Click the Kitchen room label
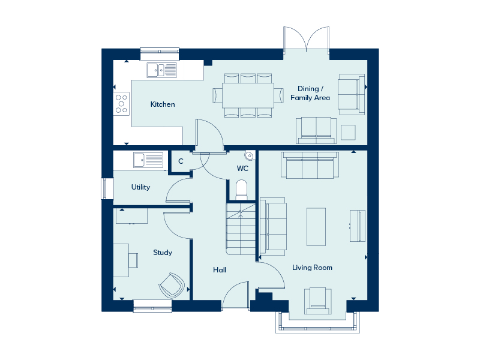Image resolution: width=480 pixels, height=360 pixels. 163,104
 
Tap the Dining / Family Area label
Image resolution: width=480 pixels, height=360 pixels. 310,93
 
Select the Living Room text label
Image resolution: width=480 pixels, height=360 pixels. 312,268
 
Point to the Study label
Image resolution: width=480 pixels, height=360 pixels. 163,253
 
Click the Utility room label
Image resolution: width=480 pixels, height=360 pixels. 140,187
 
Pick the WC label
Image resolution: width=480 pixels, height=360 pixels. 242,169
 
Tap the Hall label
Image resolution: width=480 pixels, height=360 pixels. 220,269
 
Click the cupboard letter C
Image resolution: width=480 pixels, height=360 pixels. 181,161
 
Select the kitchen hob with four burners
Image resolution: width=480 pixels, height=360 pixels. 121,104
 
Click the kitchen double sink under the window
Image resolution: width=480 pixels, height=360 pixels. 161,70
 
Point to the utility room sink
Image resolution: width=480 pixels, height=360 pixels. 148,160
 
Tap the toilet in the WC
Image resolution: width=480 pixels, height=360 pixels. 242,190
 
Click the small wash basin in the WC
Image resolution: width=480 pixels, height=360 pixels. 250,155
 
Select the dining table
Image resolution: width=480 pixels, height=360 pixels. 248,95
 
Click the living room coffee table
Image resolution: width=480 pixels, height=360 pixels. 316,227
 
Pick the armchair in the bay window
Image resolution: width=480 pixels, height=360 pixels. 318,301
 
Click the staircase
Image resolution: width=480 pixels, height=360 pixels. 241,229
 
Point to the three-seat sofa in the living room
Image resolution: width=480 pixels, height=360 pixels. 310,165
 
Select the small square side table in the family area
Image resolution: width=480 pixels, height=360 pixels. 348,132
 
